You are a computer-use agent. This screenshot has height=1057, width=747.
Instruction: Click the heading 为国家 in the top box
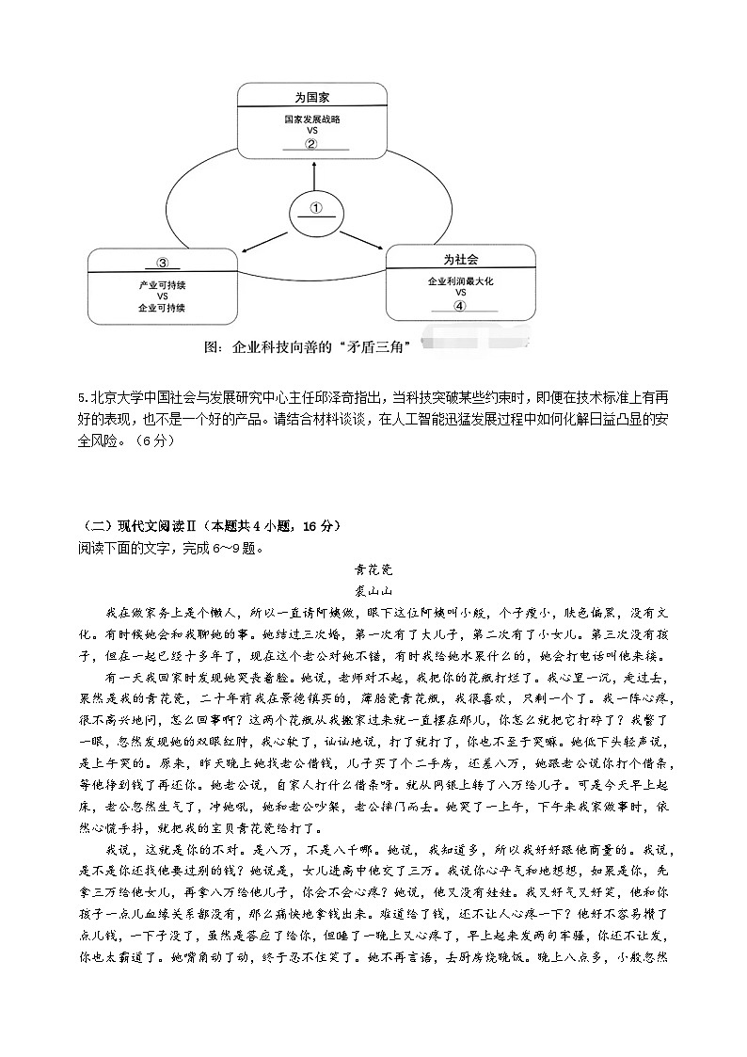tap(311, 97)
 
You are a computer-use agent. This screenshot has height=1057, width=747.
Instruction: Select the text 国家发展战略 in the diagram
tap(311, 120)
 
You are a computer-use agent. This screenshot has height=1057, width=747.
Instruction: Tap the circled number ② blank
tap(311, 143)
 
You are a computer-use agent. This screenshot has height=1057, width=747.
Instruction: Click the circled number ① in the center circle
tap(316, 207)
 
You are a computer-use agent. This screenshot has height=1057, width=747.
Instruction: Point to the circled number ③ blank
tap(162, 263)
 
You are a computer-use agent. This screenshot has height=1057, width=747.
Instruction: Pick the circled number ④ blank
tap(460, 305)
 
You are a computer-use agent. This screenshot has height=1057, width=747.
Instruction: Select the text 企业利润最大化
tap(460, 281)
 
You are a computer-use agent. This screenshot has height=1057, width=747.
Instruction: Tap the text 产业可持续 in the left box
tap(162, 284)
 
